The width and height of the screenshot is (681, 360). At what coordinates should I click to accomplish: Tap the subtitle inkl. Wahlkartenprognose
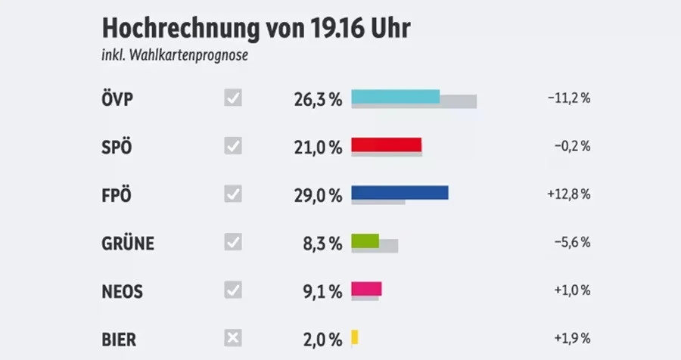pyautogui.click(x=175, y=56)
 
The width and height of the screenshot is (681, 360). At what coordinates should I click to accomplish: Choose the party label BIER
pyautogui.click(x=119, y=338)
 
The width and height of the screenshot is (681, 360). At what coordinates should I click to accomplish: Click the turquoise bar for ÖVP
pyautogui.click(x=396, y=96)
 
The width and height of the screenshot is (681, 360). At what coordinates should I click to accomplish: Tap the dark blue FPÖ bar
pyautogui.click(x=400, y=192)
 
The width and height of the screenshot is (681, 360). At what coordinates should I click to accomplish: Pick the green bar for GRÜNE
pyautogui.click(x=365, y=241)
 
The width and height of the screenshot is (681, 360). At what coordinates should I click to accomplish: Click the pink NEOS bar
pyautogui.click(x=366, y=288)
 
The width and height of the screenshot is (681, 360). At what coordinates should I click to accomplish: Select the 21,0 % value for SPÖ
pyautogui.click(x=318, y=147)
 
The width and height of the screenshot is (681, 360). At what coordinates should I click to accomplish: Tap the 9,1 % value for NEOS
pyautogui.click(x=322, y=290)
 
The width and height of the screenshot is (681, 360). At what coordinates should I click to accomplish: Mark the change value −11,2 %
pyautogui.click(x=567, y=98)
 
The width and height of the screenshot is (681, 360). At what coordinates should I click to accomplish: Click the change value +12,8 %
pyautogui.click(x=567, y=194)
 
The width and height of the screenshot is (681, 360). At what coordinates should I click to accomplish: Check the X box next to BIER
pyautogui.click(x=233, y=337)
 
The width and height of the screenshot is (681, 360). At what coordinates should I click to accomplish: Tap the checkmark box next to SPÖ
pyautogui.click(x=233, y=146)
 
